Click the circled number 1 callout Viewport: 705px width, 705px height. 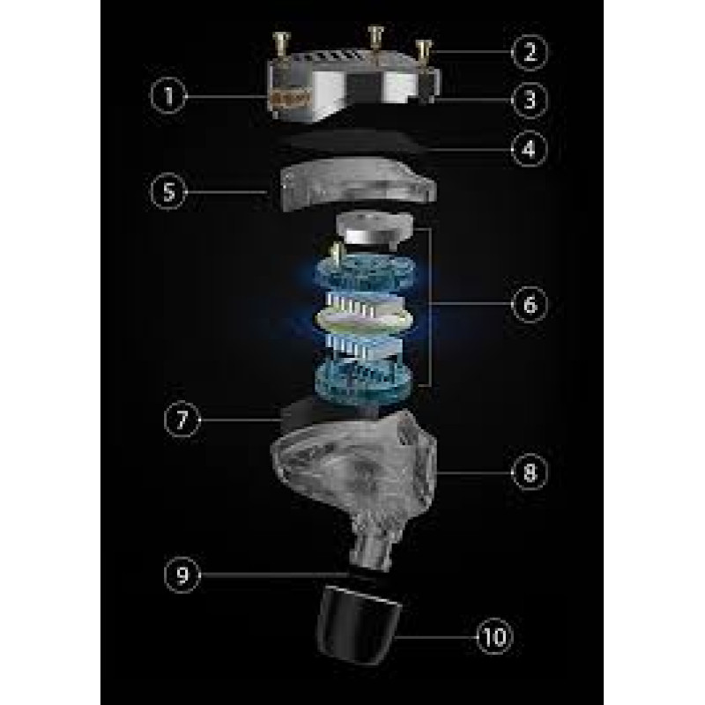pyautogui.click(x=168, y=96)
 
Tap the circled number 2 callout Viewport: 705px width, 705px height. pyautogui.click(x=530, y=52)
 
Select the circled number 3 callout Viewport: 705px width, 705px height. pyautogui.click(x=530, y=100)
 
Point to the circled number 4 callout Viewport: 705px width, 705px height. pyautogui.click(x=530, y=148)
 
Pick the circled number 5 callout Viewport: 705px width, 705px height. pyautogui.click(x=168, y=191)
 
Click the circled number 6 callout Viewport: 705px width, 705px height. pyautogui.click(x=530, y=304)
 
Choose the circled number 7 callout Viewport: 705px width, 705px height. pyautogui.click(x=182, y=419)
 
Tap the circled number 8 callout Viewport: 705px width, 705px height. pyautogui.click(x=530, y=472)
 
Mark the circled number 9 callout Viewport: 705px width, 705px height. pyautogui.click(x=182, y=575)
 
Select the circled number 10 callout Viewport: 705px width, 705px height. pyautogui.click(x=494, y=636)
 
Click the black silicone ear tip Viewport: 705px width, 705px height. pyautogui.click(x=359, y=625)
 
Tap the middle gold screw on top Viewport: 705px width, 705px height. pyautogui.click(x=375, y=39)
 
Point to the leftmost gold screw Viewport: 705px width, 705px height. pyautogui.click(x=281, y=45)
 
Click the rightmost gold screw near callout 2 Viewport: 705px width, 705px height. pyautogui.click(x=423, y=52)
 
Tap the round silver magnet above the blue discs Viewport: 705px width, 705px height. pyautogui.click(x=374, y=229)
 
